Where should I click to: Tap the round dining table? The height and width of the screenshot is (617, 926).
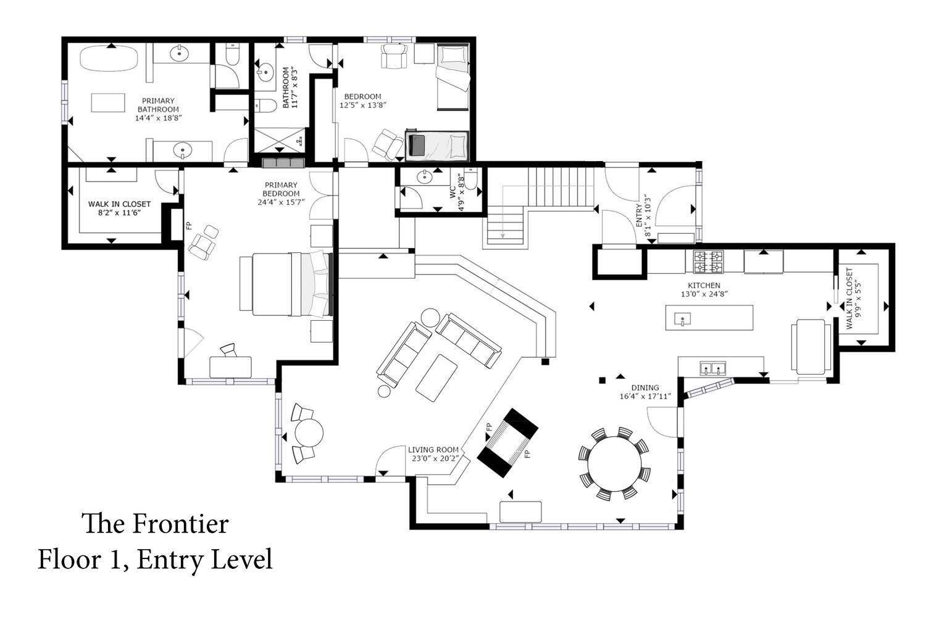click(x=614, y=464)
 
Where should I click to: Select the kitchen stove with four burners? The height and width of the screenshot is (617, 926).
click(x=709, y=262)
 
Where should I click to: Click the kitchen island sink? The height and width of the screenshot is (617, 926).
click(x=683, y=319)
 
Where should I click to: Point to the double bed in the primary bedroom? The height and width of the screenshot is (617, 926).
click(x=286, y=284)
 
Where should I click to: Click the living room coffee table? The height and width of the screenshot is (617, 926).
click(x=436, y=378)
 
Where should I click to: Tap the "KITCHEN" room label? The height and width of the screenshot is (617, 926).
click(x=704, y=285)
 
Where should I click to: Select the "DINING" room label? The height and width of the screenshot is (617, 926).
click(x=645, y=387)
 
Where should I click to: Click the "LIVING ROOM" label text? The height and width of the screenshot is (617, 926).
click(x=433, y=450)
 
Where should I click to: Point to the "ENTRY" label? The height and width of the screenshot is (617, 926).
click(x=639, y=215)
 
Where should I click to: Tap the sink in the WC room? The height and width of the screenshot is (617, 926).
click(x=424, y=177)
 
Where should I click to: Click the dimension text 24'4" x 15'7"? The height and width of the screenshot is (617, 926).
click(x=281, y=202)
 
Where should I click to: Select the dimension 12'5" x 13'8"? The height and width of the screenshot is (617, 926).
click(x=363, y=105)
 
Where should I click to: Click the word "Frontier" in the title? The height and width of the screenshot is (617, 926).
click(x=181, y=524)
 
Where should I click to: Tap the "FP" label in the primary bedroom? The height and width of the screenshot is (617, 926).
click(x=189, y=226)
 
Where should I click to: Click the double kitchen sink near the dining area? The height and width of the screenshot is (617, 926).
click(x=713, y=368)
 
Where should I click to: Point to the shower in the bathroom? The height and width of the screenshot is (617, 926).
click(x=280, y=139)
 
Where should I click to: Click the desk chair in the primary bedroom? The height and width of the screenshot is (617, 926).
click(x=228, y=350)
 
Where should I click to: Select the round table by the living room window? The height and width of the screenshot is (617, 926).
click(x=309, y=433)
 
